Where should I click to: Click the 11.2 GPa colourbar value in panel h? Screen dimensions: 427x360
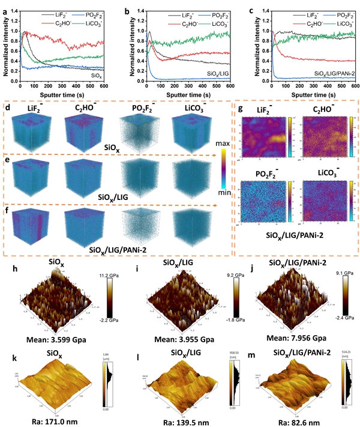(124, 273)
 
